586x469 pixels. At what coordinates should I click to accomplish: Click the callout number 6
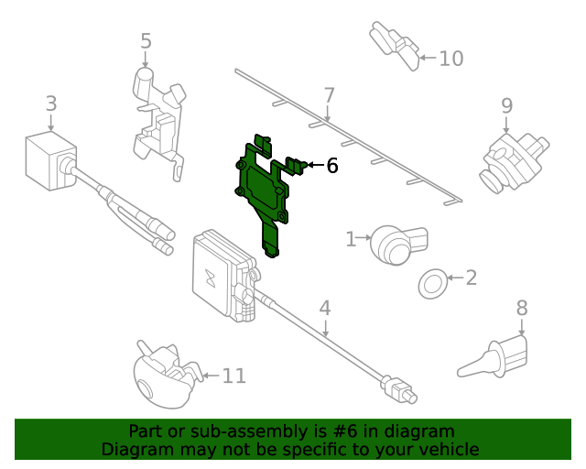(331, 166)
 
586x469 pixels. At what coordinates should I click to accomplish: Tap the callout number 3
(51, 104)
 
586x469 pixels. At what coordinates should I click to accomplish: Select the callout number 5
(146, 41)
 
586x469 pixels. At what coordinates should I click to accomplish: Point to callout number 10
(450, 59)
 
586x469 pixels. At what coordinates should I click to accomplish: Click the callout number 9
(506, 106)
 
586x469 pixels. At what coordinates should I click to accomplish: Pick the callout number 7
(329, 94)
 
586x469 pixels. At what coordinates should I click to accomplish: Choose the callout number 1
(350, 240)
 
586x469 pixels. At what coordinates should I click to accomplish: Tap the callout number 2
(471, 278)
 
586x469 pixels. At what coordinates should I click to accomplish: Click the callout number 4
(324, 309)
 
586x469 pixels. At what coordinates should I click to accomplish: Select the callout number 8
(522, 308)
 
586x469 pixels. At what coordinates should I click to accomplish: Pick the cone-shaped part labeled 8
(495, 357)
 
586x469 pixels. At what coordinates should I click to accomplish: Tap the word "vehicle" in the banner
(448, 449)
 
